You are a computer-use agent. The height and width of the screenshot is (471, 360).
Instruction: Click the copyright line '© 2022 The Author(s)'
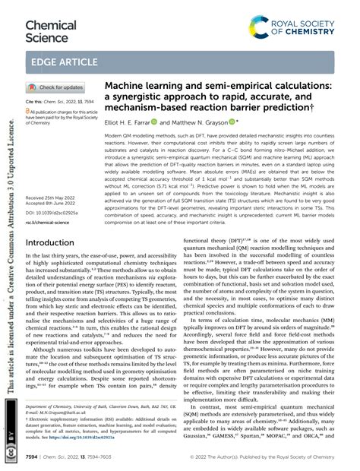click(248, 457)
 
